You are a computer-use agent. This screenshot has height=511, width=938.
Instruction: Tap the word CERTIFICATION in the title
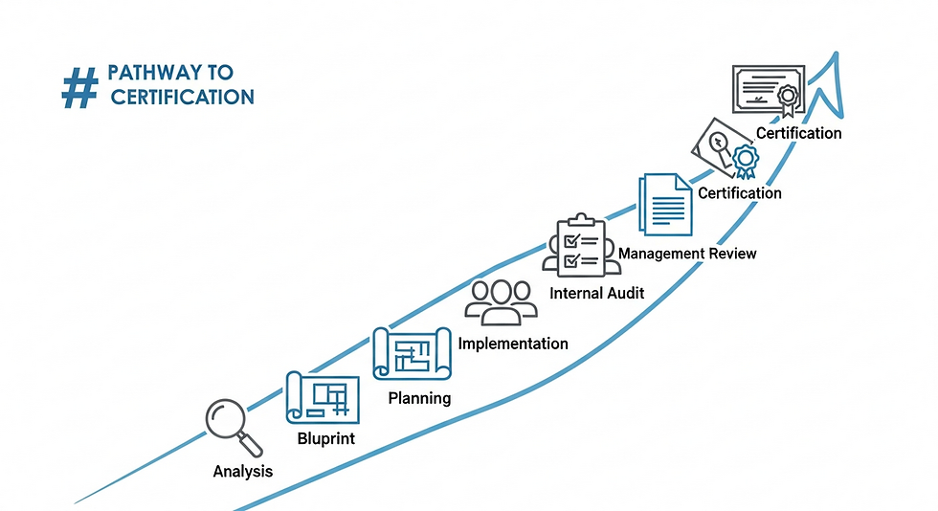pyautogui.click(x=182, y=97)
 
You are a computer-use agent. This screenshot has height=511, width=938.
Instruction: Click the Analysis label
pyautogui.click(x=242, y=471)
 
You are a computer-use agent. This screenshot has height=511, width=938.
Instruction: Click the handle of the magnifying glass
pyautogui.click(x=252, y=445)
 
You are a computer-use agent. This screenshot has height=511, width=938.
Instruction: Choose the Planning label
pyautogui.click(x=419, y=397)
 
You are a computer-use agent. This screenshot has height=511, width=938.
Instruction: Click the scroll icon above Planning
pyautogui.click(x=412, y=353)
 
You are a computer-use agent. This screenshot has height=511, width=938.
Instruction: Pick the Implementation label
pyautogui.click(x=513, y=344)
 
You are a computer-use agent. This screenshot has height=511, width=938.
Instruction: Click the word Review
pyautogui.click(x=733, y=254)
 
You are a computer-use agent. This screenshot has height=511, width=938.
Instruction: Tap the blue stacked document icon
pyautogui.click(x=665, y=203)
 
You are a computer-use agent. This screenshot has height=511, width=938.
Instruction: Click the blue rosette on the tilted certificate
pyautogui.click(x=745, y=158)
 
